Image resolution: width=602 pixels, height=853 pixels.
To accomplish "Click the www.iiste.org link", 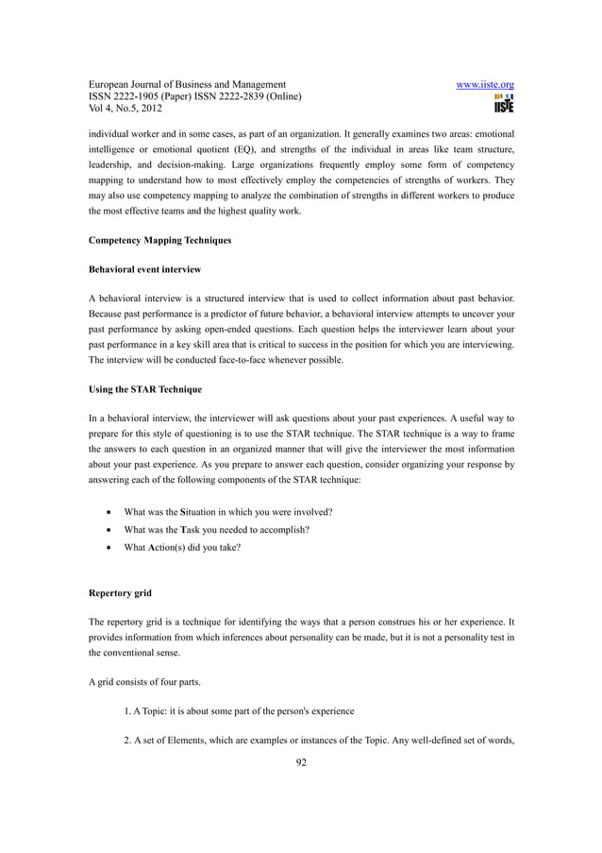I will pyautogui.click(x=484, y=84).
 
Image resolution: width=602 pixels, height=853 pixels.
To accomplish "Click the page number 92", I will pyautogui.click(x=301, y=763).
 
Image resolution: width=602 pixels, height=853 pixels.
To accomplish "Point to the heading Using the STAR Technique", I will pyautogui.click(x=146, y=389).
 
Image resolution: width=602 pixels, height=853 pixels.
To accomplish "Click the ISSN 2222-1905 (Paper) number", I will pyautogui.click(x=142, y=97).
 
